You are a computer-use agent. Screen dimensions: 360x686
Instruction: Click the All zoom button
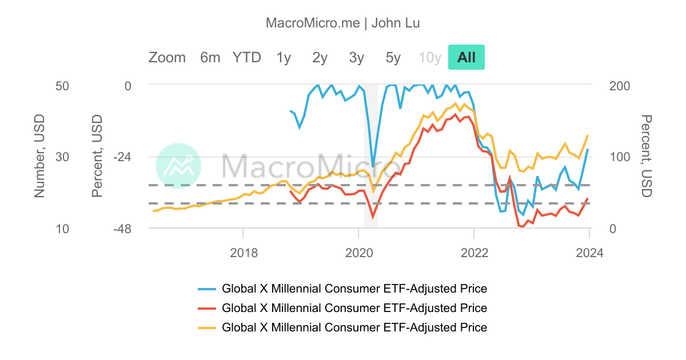[x=466, y=57]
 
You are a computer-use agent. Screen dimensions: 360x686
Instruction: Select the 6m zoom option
[x=210, y=57]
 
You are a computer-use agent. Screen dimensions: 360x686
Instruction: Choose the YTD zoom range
[x=246, y=57]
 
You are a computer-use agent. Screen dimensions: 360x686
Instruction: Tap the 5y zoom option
[x=393, y=57]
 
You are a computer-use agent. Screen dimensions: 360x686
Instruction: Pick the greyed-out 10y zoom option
[x=430, y=57]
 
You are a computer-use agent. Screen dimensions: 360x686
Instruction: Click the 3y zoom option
[x=357, y=57]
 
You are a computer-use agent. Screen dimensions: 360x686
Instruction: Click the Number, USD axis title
[x=39, y=156]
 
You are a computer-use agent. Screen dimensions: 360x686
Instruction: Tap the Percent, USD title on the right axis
[x=646, y=156]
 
